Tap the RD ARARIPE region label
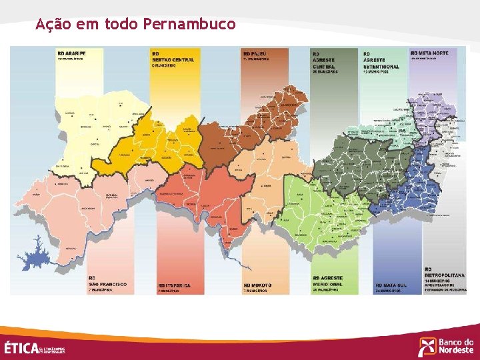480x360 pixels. (71, 53)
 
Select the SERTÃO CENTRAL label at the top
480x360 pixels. (173, 59)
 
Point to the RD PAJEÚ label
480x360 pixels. (256, 53)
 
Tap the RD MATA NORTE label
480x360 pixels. (429, 53)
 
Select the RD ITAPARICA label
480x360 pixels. (174, 285)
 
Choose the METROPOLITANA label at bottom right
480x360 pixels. (444, 275)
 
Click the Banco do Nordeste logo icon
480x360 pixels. (427, 347)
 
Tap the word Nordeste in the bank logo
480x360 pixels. (456, 351)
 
